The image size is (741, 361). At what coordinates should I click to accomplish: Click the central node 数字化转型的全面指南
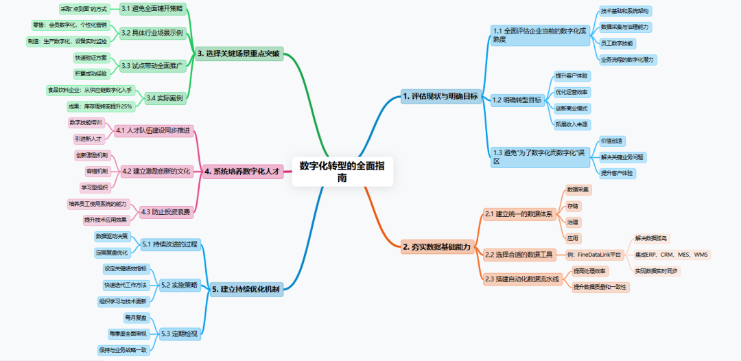[342, 172]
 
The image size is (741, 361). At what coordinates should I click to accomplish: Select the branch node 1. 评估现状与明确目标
[440, 97]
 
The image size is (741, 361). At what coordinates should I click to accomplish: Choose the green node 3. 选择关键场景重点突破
[239, 54]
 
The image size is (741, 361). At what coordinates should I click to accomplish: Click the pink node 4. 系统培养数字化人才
[243, 172]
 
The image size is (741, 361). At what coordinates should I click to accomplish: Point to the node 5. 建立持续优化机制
[246, 289]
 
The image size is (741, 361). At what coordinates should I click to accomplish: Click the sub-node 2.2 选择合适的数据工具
[518, 255]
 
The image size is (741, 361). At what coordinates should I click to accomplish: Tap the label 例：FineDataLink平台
[594, 255]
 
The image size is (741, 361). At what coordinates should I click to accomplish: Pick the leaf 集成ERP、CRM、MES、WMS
[672, 255]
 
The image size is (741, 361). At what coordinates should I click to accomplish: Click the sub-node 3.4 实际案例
[165, 98]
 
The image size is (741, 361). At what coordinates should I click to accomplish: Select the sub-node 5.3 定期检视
[179, 334]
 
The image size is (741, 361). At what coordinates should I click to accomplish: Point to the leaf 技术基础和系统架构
[625, 11]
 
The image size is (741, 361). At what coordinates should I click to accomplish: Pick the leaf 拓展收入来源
[572, 124]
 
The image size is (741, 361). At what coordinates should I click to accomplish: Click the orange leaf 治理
[572, 222]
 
